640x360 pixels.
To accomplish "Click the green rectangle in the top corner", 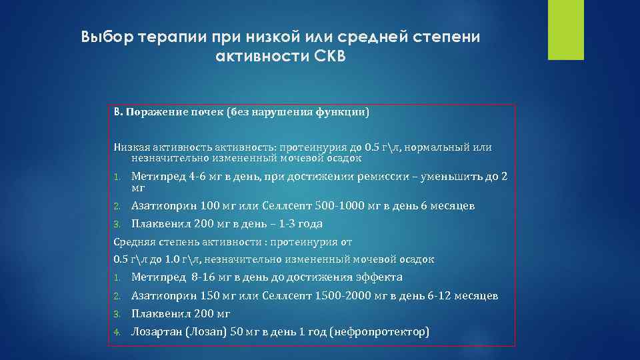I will (x=565, y=30).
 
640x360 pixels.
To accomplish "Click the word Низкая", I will (x=131, y=147).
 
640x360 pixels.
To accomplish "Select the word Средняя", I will (x=133, y=242).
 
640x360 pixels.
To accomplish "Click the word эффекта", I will (x=379, y=277).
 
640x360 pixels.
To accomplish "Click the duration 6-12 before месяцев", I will (x=437, y=295).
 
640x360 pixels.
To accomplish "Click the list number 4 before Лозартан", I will (x=115, y=331).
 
